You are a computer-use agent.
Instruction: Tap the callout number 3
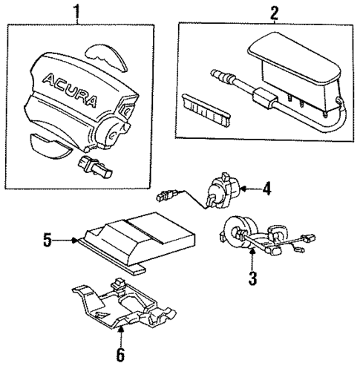252,278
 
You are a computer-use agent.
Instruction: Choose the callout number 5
46,240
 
